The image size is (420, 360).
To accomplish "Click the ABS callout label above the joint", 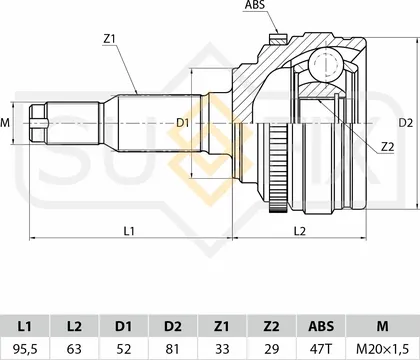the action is (255, 5).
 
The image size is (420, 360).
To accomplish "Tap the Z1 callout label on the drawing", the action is (109, 39).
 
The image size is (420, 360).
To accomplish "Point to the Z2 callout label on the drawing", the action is (388, 147).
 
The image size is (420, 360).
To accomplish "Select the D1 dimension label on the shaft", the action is (183, 123).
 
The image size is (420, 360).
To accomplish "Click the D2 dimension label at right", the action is (406, 123).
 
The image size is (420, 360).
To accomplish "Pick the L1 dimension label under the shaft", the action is (129, 231).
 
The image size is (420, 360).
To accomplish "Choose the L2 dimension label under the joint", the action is (300, 231).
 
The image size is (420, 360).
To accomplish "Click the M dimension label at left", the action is (5, 123).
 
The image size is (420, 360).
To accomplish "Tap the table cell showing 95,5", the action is (25, 349).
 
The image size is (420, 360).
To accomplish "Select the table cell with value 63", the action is (74, 349).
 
